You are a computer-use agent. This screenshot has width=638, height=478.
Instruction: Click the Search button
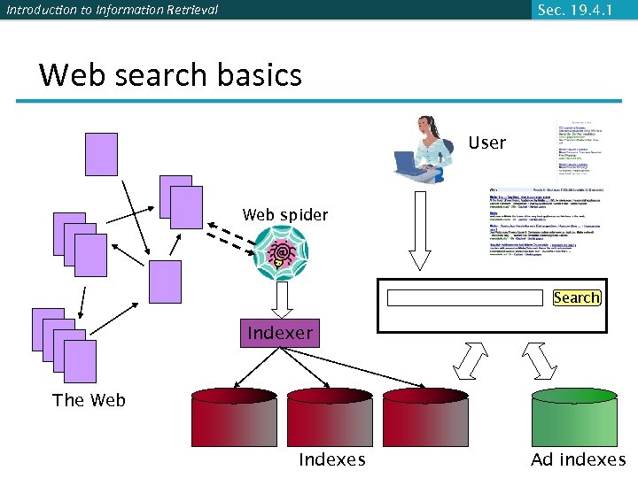[x=576, y=297]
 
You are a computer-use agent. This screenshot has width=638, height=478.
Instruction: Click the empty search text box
[x=464, y=297]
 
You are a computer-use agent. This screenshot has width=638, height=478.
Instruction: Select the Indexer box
[x=280, y=333]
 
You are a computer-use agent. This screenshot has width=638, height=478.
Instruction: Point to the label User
[x=486, y=143]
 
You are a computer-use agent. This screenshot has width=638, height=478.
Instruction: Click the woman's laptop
[x=408, y=164]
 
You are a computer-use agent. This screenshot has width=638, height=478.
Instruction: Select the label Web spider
[x=284, y=215]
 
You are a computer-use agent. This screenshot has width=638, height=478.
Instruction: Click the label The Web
[x=89, y=400]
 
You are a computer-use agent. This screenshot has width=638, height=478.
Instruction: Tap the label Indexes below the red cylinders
[x=331, y=459]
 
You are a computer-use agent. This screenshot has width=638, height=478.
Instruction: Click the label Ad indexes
[x=578, y=459]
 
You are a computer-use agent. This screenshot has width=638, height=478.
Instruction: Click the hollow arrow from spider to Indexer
[x=282, y=300]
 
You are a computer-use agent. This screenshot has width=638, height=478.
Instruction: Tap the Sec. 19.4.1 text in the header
[x=575, y=10]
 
